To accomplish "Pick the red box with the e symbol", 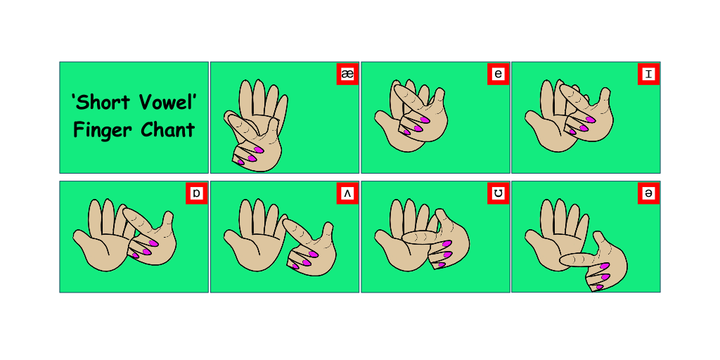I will tap(498, 74).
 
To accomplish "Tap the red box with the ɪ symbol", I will tap(648, 74).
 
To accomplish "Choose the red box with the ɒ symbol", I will tap(197, 193).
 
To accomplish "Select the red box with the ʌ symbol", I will tap(347, 193).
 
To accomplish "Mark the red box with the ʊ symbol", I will tap(498, 193).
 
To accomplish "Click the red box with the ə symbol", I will tap(648, 193).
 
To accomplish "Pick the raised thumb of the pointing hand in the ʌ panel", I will tap(328, 229).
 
